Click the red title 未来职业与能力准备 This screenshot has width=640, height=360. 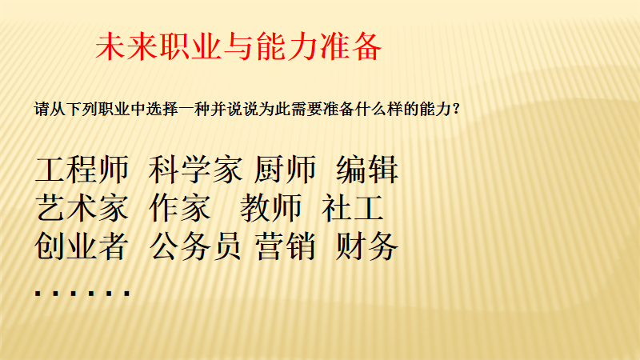tap(238, 46)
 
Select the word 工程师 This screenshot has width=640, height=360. tap(82, 170)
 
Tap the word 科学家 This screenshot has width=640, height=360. tap(195, 170)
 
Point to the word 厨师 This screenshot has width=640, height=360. tap(285, 170)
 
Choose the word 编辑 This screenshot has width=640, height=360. tap(367, 170)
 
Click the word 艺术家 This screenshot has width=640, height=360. tap(82, 208)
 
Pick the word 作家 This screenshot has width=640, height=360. tap(180, 208)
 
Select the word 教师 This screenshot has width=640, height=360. tap(270, 208)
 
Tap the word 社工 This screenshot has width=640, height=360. tap(353, 208)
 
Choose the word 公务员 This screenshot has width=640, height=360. tap(195, 246)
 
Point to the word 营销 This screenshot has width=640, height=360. tap(286, 246)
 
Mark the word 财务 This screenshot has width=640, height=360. tap(366, 246)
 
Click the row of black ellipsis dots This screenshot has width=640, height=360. tap(82, 293)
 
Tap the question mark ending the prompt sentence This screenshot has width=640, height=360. tap(456, 110)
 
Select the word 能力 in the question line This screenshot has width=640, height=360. tap(435, 110)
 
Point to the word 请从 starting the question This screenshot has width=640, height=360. tap(50, 110)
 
